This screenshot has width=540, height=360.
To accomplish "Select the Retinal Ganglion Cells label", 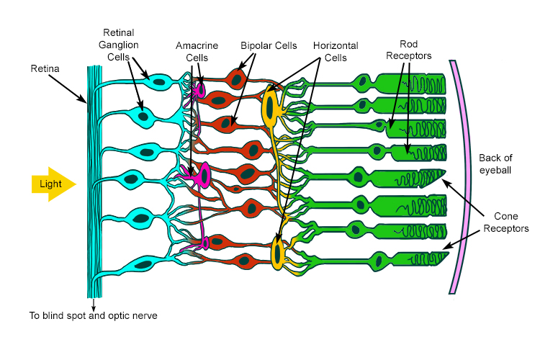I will [120, 44].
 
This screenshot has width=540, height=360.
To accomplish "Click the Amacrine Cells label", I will [197, 51].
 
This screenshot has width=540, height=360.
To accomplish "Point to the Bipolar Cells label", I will [269, 45].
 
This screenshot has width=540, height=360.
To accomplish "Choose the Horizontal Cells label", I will [336, 51].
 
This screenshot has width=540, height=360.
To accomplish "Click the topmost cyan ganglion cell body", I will [161, 80].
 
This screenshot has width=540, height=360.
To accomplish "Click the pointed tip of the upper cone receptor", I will [445, 171].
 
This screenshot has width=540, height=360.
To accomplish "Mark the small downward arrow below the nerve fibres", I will [94, 304].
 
